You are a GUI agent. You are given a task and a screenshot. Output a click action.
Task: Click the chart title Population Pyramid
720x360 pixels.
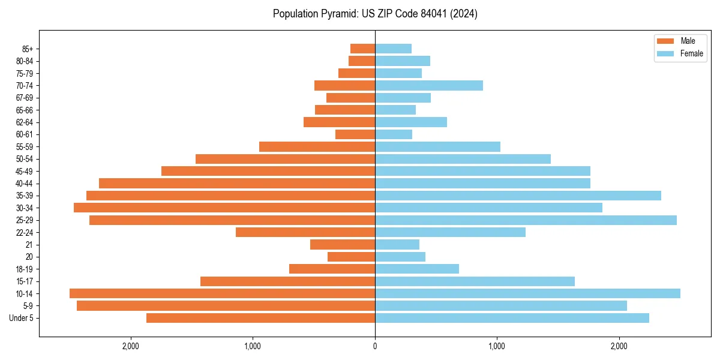point(375,14)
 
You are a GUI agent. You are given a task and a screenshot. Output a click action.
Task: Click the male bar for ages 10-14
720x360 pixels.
point(222,293)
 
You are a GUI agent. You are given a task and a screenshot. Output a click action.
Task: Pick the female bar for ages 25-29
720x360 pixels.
point(526,220)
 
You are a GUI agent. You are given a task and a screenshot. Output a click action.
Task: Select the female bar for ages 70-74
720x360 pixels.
point(429,86)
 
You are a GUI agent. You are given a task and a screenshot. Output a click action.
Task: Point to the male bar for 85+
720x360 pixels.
point(362,49)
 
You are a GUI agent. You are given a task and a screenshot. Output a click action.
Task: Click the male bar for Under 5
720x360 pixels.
point(260,318)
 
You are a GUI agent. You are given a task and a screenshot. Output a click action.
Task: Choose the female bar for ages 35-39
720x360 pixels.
point(518,196)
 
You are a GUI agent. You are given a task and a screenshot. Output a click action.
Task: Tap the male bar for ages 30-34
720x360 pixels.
point(224,208)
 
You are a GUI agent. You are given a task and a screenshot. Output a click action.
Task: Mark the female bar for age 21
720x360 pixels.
point(397,244)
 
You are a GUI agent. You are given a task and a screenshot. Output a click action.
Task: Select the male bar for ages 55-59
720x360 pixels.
point(317,146)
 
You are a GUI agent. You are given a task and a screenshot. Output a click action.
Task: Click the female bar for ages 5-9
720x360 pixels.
point(501,306)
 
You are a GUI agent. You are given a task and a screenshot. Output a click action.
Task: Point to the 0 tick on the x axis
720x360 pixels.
point(375,346)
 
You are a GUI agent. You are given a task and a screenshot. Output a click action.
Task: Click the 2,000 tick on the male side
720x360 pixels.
point(130,346)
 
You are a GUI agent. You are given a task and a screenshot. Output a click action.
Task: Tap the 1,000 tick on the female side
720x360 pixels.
point(497,346)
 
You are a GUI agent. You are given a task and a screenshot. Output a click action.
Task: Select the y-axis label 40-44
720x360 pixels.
point(25,184)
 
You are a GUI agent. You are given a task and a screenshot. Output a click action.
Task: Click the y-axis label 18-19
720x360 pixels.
point(25,269)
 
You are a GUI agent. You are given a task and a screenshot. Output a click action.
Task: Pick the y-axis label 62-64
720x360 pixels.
point(25,122)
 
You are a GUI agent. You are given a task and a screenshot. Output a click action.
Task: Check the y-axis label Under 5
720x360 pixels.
point(22,318)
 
